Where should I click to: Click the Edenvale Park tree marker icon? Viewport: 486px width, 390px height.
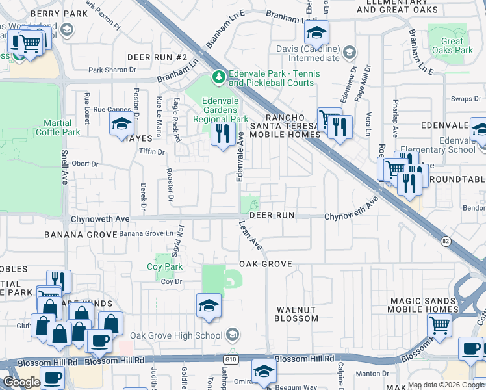[219, 77]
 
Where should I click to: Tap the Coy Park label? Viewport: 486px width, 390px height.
[165, 266]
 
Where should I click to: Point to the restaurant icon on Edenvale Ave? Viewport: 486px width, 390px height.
[223, 134]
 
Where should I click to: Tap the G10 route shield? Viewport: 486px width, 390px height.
[233, 358]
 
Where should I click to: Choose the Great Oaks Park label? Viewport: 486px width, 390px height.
[452, 45]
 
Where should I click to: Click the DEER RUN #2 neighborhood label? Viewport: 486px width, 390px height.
[157, 58]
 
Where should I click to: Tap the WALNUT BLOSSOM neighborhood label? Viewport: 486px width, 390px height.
[296, 315]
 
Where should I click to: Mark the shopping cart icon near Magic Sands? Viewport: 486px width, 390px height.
[441, 328]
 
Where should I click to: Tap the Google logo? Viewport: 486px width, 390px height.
[21, 382]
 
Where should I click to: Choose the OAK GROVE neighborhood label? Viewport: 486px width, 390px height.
[266, 265]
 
